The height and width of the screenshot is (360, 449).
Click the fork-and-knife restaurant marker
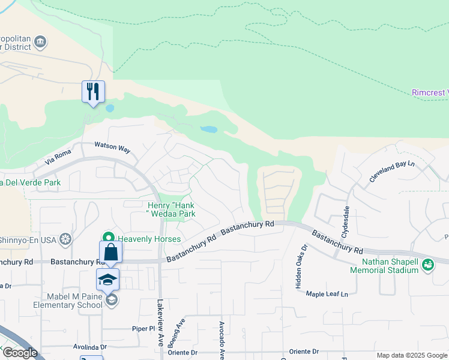tap(93, 92)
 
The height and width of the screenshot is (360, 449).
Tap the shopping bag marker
tap(111, 252)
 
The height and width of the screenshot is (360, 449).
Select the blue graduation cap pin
tap(108, 280)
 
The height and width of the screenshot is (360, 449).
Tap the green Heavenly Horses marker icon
tap(109, 238)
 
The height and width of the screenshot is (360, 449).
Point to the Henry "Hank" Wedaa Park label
tap(172, 209)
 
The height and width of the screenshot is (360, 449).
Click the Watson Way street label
tap(112, 146)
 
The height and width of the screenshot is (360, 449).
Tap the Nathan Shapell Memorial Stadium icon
tap(428, 263)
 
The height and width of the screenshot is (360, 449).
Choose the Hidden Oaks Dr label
tap(299, 266)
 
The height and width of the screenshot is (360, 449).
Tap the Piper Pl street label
tap(144, 329)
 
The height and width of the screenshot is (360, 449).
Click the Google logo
tap(19, 353)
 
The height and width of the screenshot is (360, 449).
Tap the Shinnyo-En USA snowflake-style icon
tap(65, 239)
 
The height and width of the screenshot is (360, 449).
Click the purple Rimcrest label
tap(430, 92)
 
